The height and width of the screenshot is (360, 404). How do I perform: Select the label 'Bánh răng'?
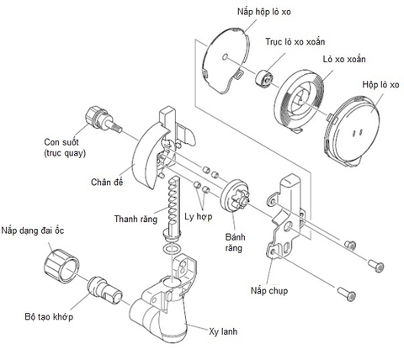pyautogui.click(x=242, y=232)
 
